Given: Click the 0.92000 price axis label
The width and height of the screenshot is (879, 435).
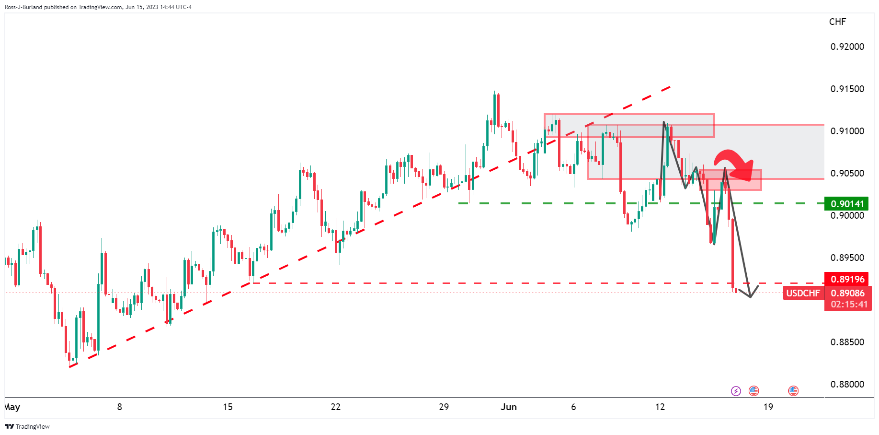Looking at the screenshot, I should point(847,47).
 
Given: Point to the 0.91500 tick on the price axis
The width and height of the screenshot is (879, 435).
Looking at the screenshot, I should point(847,89).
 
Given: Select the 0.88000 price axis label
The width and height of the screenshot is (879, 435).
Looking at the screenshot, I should point(847,384).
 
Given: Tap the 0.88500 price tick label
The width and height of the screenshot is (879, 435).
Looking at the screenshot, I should point(847,342).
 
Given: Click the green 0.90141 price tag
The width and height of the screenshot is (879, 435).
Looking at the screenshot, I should point(846,204).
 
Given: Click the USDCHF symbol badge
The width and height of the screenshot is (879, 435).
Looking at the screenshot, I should point(803,293).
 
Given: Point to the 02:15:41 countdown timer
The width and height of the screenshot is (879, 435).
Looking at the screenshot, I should point(849,304).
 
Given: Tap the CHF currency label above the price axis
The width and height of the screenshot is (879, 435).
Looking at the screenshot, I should point(837,22).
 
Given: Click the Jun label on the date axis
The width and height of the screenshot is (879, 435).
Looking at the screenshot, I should point(509,407).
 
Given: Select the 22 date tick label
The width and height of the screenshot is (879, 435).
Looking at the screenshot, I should point(336,407).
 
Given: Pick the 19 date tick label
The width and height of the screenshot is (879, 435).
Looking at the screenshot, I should point(768,407).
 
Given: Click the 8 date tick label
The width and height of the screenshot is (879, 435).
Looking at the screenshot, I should point(119,407).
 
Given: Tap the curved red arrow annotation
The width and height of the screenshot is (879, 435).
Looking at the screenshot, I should point(734,163).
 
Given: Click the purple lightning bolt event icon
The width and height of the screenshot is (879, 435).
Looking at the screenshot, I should point(736,391).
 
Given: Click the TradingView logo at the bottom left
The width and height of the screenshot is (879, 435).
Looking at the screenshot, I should point(27,426).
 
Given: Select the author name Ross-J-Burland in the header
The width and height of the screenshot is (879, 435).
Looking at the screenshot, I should point(23,7).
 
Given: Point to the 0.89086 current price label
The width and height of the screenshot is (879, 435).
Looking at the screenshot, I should point(847,293).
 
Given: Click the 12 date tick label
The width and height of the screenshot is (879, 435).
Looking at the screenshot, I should point(660,407).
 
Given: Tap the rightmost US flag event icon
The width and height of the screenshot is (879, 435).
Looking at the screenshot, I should point(793,391).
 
